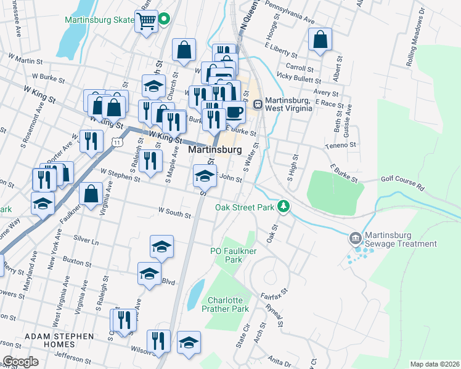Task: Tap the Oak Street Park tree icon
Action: pos(284,207)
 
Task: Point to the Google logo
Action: pos(20,362)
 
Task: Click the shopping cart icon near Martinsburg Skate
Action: pos(147,22)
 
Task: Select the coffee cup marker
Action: pos(234,111)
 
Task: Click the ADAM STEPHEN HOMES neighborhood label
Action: pos(60,341)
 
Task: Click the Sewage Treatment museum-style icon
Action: pos(355,237)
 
